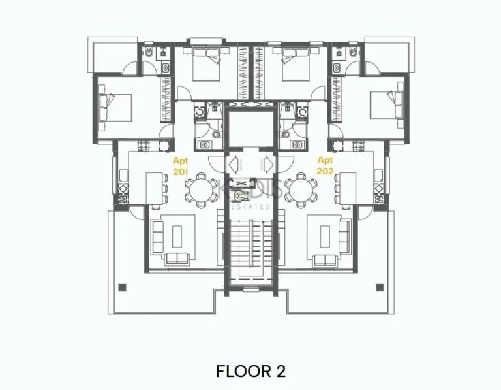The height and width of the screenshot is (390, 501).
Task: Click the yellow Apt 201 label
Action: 180,165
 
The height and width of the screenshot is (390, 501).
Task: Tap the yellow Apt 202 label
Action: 326,165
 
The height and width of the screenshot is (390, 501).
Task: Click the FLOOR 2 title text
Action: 250,372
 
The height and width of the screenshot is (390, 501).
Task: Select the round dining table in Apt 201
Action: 201,190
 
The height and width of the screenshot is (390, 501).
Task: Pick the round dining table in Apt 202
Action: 301,190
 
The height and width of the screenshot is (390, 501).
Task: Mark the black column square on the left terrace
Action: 121,286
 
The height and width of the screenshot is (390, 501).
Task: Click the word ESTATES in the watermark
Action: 251,206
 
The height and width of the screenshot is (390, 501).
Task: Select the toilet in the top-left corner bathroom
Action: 149,52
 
